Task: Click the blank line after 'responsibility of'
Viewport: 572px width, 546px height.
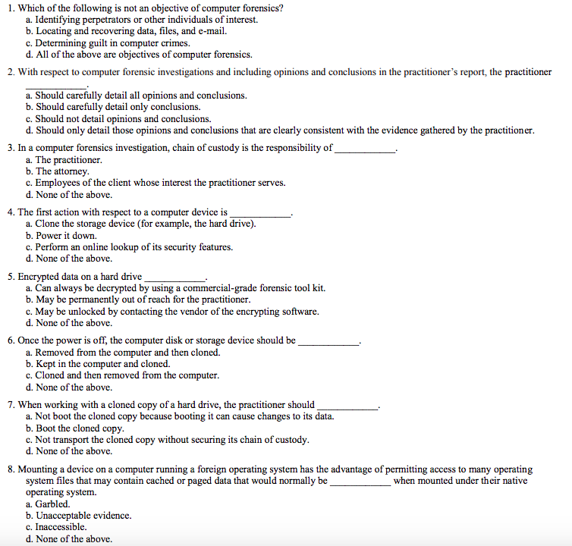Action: click(x=365, y=149)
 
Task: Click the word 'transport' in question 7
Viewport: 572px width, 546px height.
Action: click(x=74, y=440)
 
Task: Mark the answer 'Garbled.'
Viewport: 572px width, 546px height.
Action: click(x=52, y=504)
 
